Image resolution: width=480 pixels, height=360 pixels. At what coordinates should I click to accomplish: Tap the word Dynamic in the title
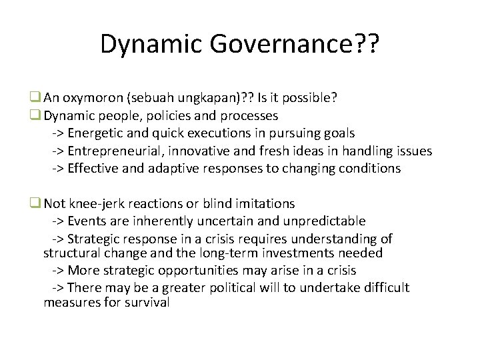point(153,45)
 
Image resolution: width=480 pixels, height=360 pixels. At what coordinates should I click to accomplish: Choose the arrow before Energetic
point(58,133)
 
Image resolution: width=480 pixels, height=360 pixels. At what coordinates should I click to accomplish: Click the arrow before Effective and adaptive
point(58,168)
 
